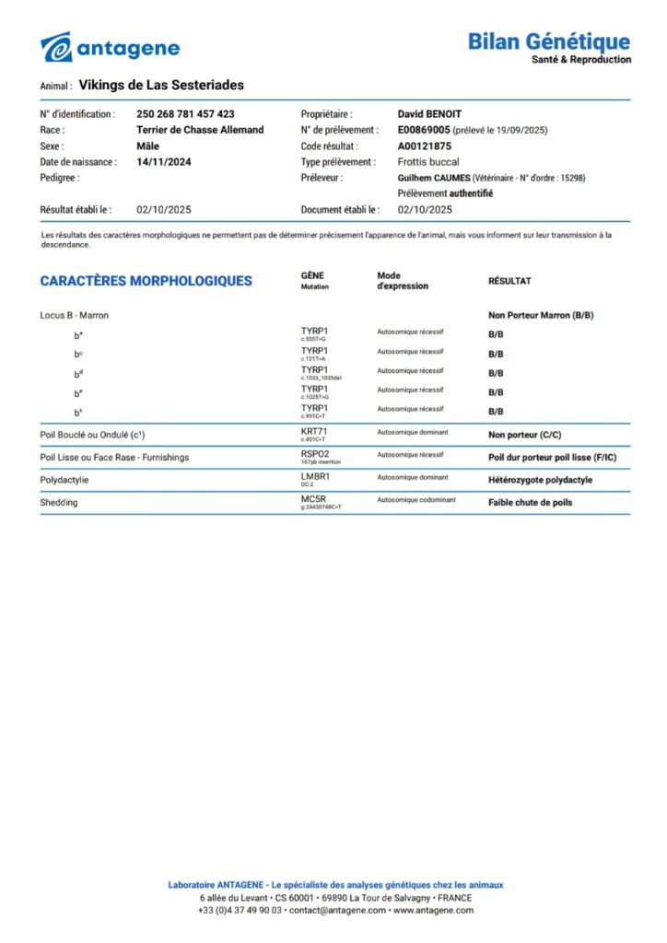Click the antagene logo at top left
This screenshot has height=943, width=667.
pos(110,47)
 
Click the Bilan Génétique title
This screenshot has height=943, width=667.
pos(548,41)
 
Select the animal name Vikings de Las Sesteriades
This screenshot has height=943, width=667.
pos(161,85)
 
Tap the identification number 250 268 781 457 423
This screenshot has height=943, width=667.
pos(185,114)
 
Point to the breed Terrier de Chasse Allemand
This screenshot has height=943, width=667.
pos(200,130)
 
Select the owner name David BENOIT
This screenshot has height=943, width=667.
pos(429,114)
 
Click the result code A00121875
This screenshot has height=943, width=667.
pos(424,146)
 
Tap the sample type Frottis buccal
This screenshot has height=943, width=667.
pos(428,161)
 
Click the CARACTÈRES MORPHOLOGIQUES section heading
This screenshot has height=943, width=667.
pos(146,281)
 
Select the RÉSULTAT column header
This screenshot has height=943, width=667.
pos(509,281)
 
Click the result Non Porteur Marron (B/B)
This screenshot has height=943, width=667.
pos(541,315)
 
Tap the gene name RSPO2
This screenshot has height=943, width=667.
pos(315,453)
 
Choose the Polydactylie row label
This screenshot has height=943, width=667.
pos(64,480)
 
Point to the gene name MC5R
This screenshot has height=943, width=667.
pos(313,498)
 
